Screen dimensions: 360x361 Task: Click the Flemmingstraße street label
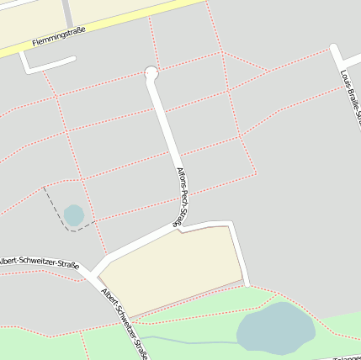[59, 37]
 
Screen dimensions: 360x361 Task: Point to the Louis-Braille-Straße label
[350, 98]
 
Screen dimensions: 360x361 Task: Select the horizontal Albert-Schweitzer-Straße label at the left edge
[39, 263]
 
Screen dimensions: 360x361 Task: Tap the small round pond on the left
[74, 215]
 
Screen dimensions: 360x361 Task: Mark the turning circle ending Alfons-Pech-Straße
[151, 73]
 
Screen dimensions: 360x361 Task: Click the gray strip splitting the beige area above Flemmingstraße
[66, 10]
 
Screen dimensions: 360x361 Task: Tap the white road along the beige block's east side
[239, 252]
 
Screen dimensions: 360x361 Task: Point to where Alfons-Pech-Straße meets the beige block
[180, 228]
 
